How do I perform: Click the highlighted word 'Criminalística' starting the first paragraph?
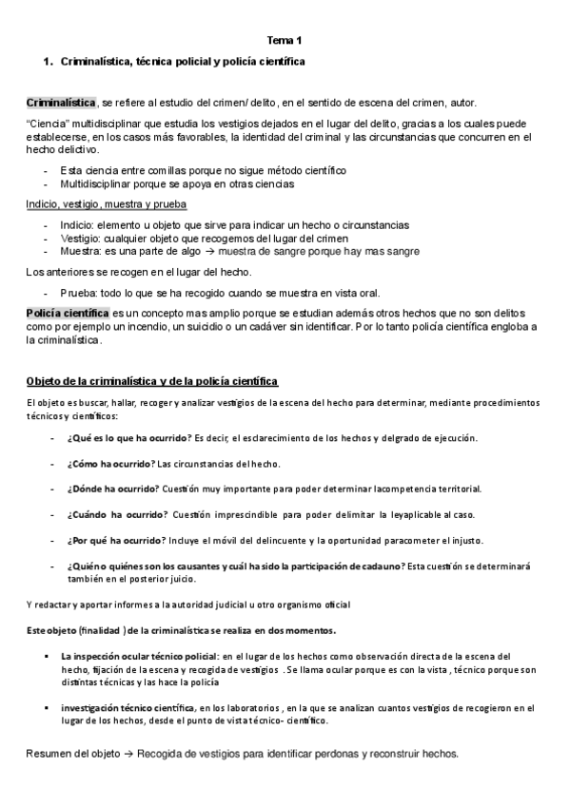tap(61, 102)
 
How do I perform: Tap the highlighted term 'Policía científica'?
tap(68, 313)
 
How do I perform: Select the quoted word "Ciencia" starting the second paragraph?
tap(47, 124)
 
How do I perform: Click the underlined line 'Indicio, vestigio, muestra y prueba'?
tap(106, 204)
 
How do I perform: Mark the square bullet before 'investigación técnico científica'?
tap(47, 707)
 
